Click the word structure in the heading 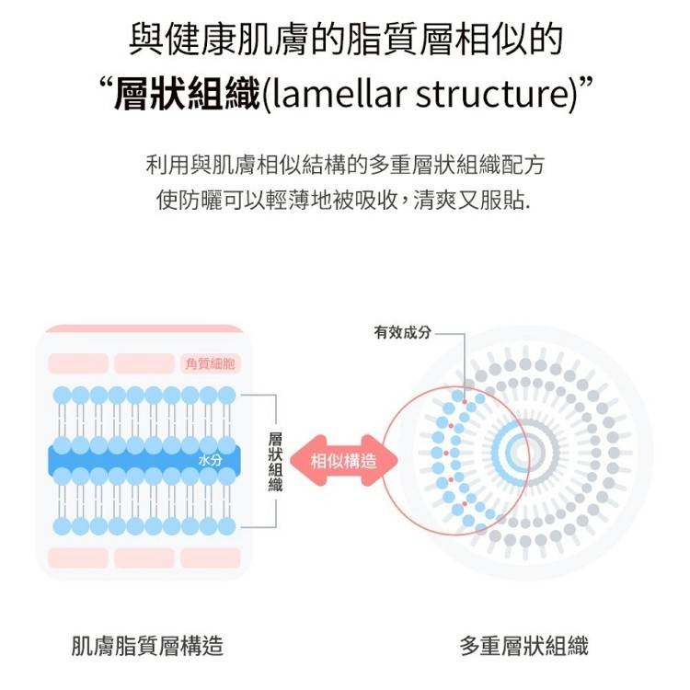pyautogui.click(x=490, y=95)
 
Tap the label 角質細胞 pyautogui.click(x=210, y=363)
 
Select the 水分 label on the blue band pyautogui.click(x=211, y=460)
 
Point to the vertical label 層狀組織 pyautogui.click(x=275, y=460)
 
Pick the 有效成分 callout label pyautogui.click(x=402, y=331)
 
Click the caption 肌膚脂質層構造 pyautogui.click(x=147, y=646)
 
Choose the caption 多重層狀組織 pyautogui.click(x=524, y=646)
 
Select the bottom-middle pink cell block pyautogui.click(x=144, y=558)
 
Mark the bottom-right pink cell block pyautogui.click(x=210, y=558)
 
